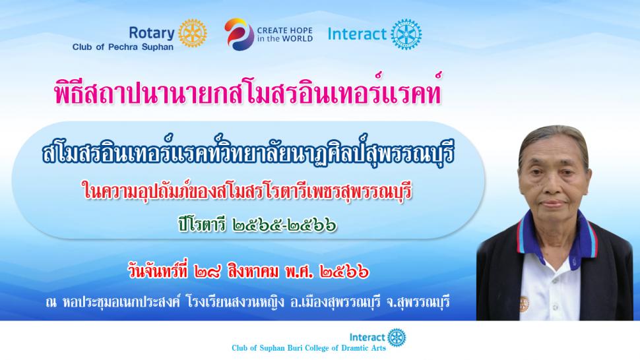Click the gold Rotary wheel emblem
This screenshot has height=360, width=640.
click(193, 33)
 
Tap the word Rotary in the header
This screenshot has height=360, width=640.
click(152, 33)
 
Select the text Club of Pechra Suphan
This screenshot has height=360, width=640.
click(123, 47)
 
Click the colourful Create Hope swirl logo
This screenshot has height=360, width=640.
click(240, 34)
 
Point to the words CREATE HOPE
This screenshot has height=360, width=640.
click(285, 30)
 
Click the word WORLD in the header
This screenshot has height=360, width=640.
click(297, 39)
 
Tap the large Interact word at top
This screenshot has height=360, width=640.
click(357, 34)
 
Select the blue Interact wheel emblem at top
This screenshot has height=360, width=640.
click(406, 34)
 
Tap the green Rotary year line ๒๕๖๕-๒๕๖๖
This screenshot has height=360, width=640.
click(257, 225)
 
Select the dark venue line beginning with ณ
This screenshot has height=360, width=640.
click(248, 303)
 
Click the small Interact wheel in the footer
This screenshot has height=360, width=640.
click(397, 337)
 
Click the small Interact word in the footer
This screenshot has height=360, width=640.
click(368, 337)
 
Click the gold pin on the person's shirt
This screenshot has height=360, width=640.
click(524, 304)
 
